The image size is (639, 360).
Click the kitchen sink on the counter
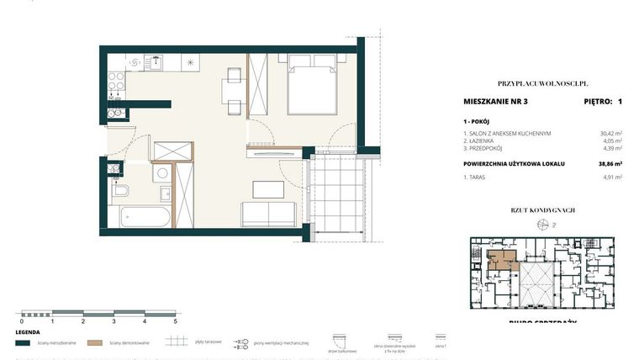pyautogui.click(x=155, y=61)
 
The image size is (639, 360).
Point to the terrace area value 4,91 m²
pyautogui.click(x=610, y=177)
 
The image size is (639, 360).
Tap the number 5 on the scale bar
pyautogui.click(x=175, y=321)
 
